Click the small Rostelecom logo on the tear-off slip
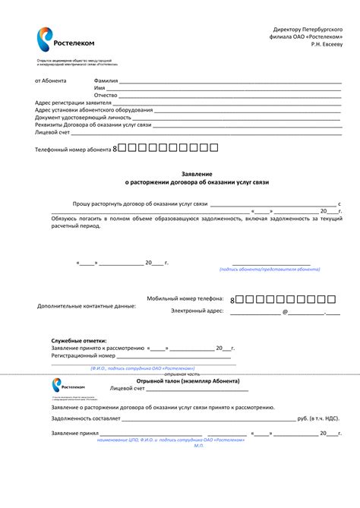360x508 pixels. point(68,385)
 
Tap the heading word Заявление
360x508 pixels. point(197,174)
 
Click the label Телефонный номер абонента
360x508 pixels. point(73,150)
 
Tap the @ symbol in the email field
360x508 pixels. point(285,311)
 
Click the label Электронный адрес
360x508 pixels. point(197,311)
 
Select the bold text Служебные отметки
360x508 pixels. point(79,341)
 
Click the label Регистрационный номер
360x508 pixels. point(83,355)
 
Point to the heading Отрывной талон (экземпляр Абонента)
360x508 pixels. point(188,380)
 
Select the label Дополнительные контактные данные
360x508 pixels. point(87,306)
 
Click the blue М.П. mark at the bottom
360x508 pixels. point(199,445)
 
